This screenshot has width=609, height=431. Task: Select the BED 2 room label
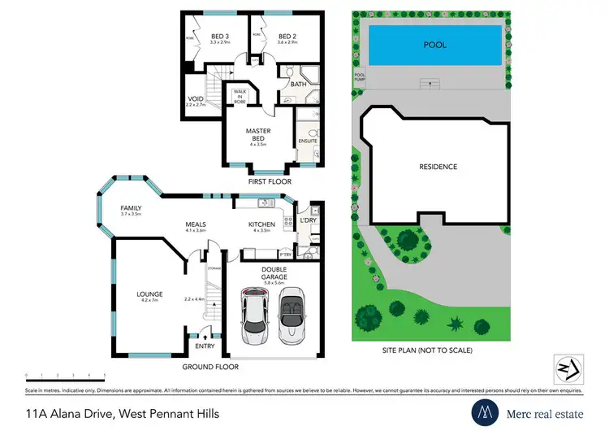coord(287,37)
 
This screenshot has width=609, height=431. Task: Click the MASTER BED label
coord(258,133)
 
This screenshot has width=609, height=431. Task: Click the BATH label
coord(298,84)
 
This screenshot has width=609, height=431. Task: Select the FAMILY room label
coord(131,208)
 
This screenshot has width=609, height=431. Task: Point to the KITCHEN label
coord(261,224)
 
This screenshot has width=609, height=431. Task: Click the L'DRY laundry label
coord(307,221)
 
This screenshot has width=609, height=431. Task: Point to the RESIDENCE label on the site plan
coord(438,167)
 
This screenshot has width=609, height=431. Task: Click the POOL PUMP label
coord(360,77)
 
